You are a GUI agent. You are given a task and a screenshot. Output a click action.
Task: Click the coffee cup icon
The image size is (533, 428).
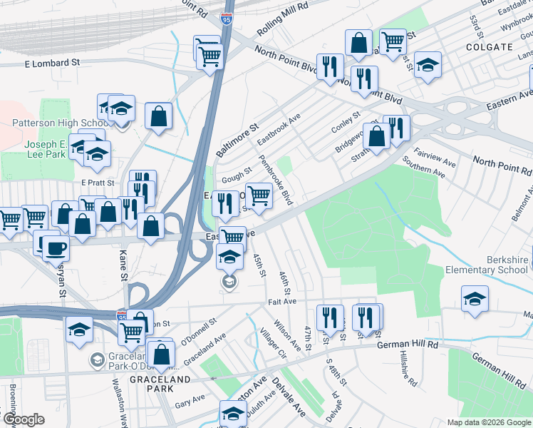tap(56, 248)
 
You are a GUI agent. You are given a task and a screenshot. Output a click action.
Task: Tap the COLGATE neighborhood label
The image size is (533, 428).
tap(489, 46)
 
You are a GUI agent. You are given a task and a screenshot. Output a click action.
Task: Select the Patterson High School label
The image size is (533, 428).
tap(61, 123)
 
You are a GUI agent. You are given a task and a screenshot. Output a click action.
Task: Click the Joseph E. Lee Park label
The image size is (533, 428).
tap(46, 148)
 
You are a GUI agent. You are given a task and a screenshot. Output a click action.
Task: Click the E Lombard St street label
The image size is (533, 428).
tap(52, 63)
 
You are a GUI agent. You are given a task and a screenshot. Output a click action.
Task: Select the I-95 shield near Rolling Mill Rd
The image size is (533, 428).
tap(227, 20)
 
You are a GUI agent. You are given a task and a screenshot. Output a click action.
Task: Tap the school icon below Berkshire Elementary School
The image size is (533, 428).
tap(475, 299)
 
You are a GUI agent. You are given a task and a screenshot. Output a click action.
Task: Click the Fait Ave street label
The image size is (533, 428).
tap(282, 302)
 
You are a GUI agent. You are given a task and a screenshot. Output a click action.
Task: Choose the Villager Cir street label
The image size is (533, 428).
tap(272, 342)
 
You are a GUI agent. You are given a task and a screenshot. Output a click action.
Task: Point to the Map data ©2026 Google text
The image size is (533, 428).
tap(489, 422)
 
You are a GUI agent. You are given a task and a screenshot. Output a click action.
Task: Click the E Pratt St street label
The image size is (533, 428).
tap(98, 183)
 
